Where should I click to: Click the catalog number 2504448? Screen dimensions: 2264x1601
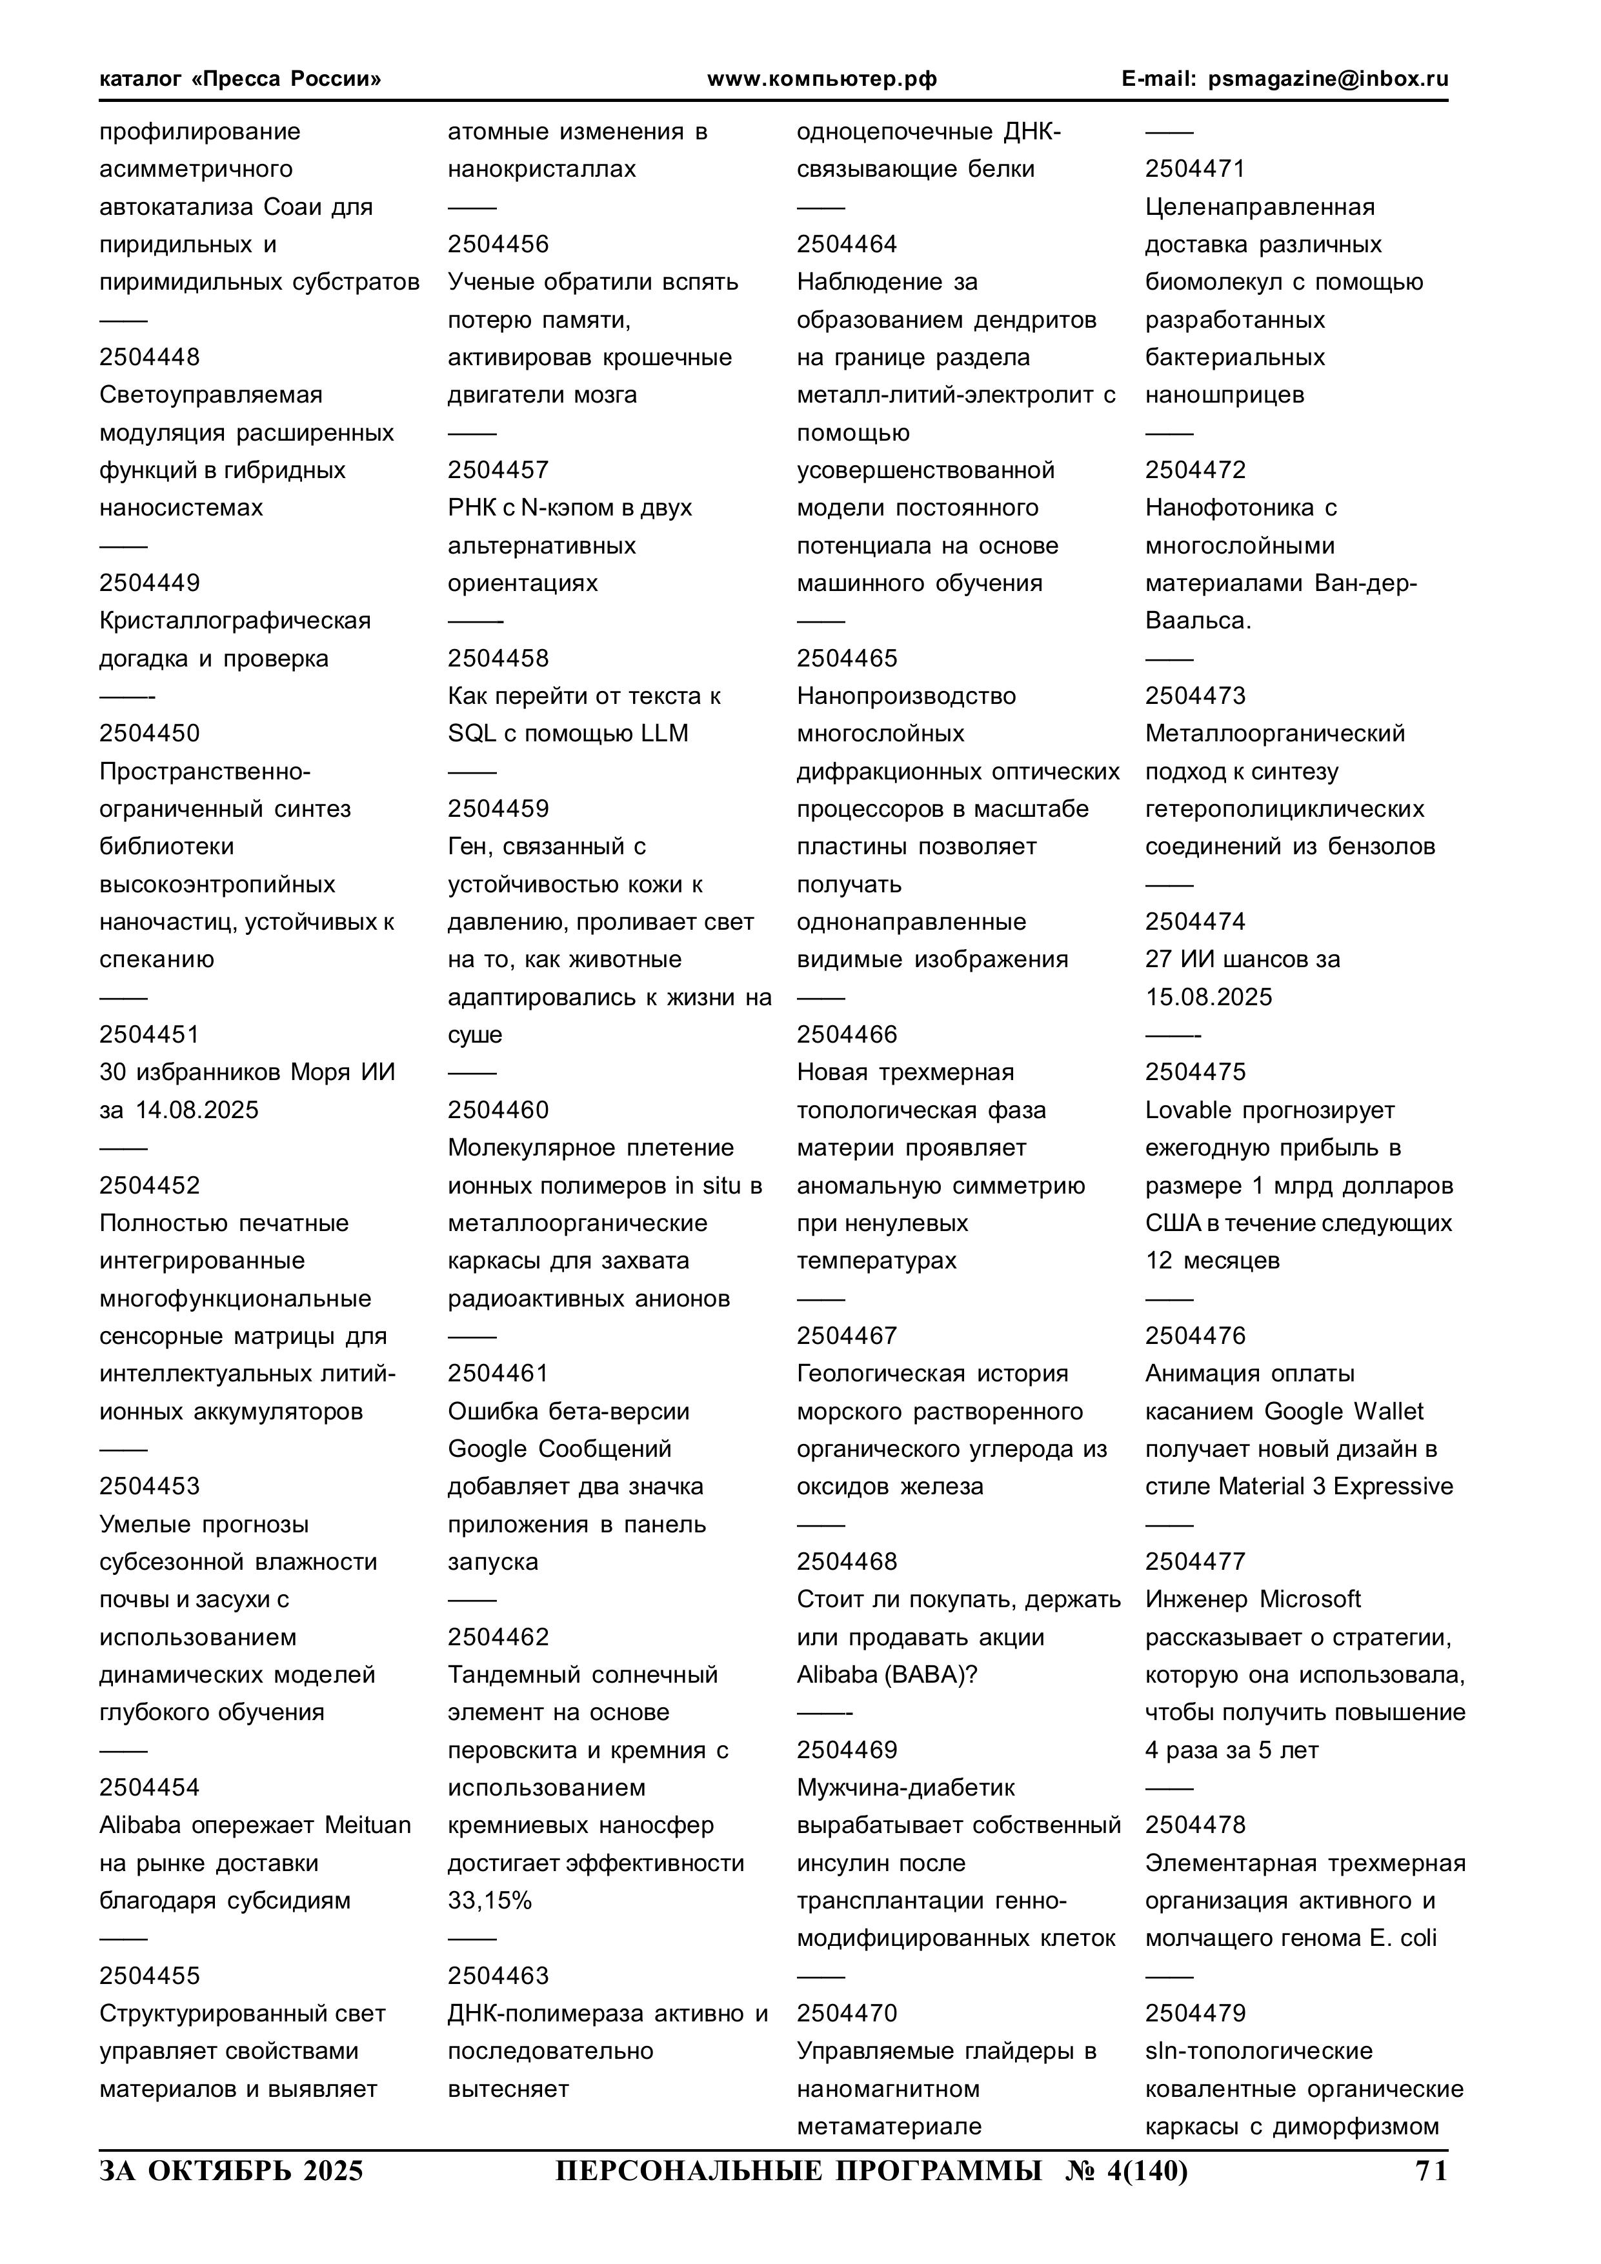(149, 357)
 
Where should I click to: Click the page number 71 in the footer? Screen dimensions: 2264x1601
(1431, 2170)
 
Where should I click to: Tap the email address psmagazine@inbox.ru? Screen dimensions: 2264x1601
(1328, 79)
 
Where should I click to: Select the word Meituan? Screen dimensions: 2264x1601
(368, 1825)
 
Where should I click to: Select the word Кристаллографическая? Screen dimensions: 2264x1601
(235, 620)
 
